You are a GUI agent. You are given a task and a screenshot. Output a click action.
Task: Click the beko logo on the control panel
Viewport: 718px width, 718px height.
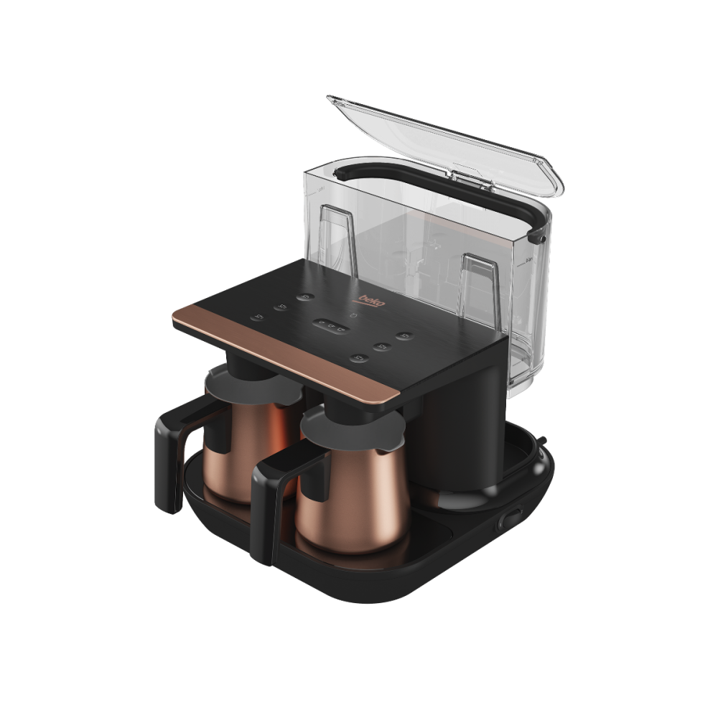click(x=371, y=300)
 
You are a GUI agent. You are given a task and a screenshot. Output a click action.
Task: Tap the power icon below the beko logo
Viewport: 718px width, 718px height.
click(x=353, y=315)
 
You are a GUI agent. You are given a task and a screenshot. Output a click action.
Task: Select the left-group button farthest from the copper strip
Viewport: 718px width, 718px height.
click(x=305, y=297)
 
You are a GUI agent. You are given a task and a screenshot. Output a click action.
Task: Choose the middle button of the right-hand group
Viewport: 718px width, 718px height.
click(x=382, y=346)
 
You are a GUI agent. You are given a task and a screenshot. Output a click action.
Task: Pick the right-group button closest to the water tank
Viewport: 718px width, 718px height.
click(x=405, y=335)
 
